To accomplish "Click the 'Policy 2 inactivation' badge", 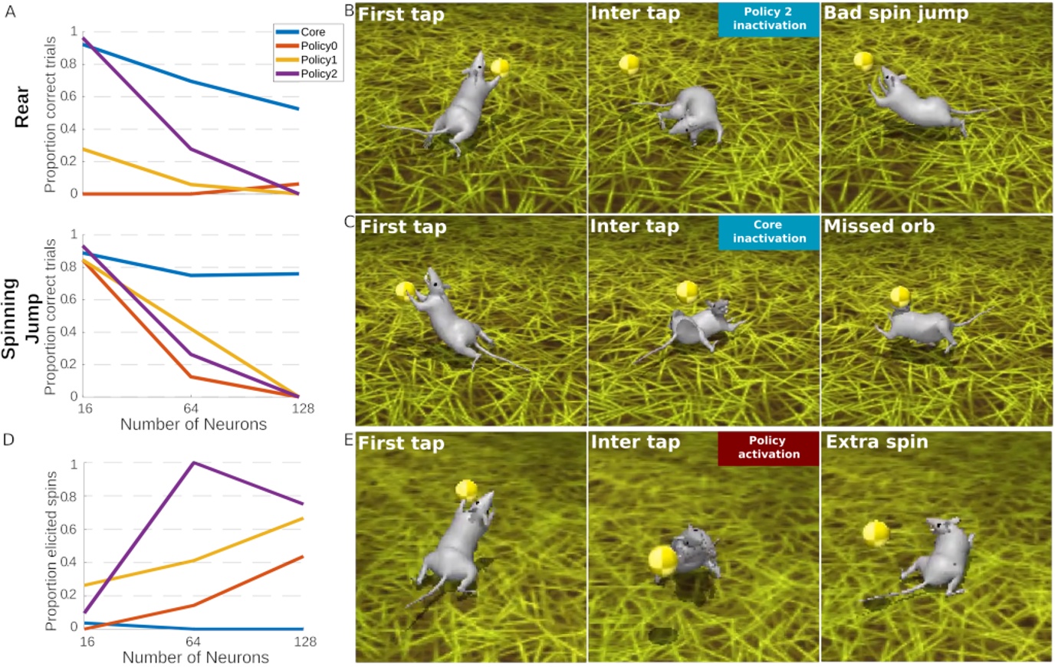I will [769, 19].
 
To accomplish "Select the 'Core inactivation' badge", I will [769, 232].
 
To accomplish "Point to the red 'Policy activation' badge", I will [768, 448].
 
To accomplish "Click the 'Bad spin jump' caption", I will [895, 13].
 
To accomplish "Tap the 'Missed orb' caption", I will [879, 226].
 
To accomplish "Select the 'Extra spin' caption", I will [876, 442].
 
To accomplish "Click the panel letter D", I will [8, 439].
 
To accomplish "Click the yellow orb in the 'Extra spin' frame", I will [876, 533].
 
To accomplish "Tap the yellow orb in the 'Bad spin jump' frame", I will [863, 61].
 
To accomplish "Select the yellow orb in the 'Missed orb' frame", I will [900, 296].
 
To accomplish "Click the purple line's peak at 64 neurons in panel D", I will [193, 462].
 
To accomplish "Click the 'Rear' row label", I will [21, 107].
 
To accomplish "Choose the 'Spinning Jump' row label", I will [20, 318].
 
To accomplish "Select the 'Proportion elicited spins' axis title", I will [51, 551].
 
